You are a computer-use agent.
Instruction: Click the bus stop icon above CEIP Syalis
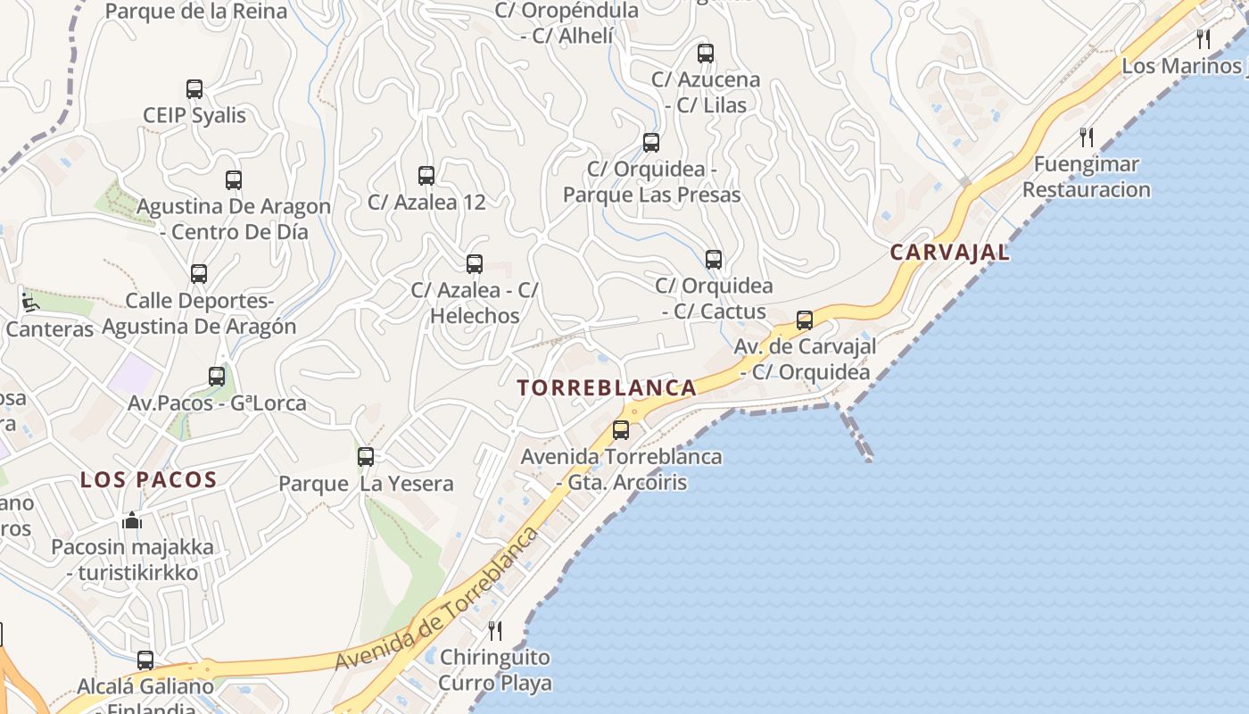point(194,89)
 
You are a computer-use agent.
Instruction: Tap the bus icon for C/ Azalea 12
point(426,176)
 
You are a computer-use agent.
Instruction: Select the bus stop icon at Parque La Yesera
point(366,457)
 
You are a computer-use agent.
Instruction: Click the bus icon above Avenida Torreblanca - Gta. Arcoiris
point(621,430)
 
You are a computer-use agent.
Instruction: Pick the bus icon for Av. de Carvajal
point(805,320)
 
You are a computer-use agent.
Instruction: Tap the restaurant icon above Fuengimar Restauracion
point(1087,137)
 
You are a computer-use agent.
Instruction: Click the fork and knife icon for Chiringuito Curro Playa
point(495,631)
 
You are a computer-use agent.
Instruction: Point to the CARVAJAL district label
point(950,253)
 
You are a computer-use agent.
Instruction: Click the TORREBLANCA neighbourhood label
point(607,388)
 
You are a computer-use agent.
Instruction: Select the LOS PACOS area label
point(149,480)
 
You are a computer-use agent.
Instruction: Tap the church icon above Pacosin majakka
point(132,519)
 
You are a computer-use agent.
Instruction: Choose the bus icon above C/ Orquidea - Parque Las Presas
point(651,143)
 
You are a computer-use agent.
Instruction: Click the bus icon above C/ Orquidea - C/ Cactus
point(714,260)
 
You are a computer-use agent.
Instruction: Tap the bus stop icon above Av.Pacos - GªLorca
point(217,377)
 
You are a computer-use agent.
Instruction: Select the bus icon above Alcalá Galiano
point(145,660)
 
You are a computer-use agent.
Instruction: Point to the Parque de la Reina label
point(196,12)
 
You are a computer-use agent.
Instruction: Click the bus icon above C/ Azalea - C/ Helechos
point(475,264)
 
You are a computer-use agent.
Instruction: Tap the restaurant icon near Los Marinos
point(1204,39)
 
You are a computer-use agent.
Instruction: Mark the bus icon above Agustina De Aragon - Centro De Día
point(234,180)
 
